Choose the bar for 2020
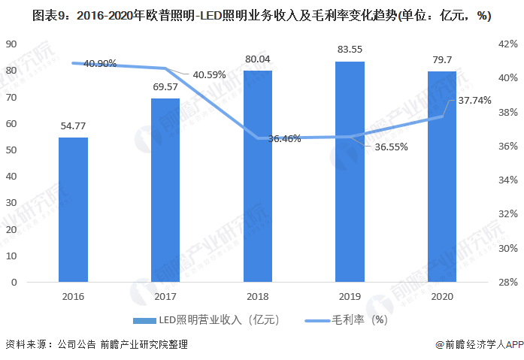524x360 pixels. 442,177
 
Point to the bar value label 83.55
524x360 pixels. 350,50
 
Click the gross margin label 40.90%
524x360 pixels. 100,64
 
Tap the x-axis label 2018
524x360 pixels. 258,297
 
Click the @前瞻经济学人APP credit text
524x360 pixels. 479,344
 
